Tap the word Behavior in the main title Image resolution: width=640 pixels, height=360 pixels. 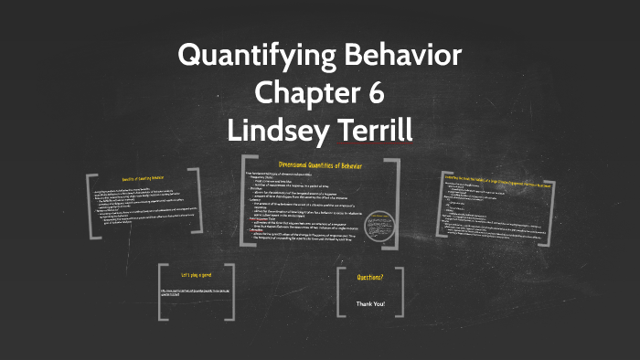tap(400, 56)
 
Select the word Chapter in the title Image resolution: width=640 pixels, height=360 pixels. tap(301, 92)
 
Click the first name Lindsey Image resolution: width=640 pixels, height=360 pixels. tap(278, 128)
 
